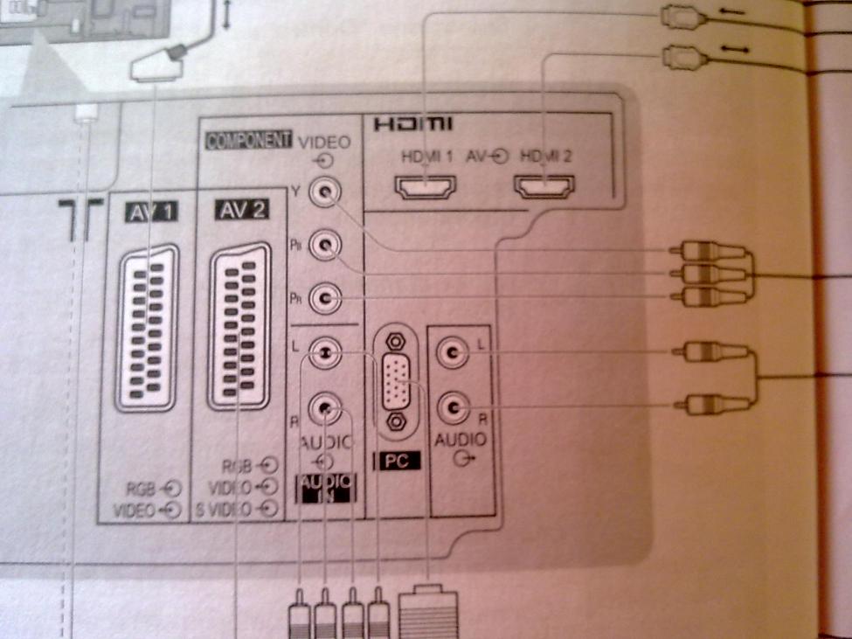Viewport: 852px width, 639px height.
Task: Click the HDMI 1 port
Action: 425,188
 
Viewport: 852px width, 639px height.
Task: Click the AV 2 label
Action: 239,210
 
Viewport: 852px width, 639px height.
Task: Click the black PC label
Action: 397,461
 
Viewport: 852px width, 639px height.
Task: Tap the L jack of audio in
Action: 325,352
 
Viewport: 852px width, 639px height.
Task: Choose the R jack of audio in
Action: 325,406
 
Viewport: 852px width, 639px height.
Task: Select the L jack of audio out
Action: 454,352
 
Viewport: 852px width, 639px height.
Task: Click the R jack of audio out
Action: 454,406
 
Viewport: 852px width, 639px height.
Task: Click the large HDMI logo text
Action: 413,125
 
